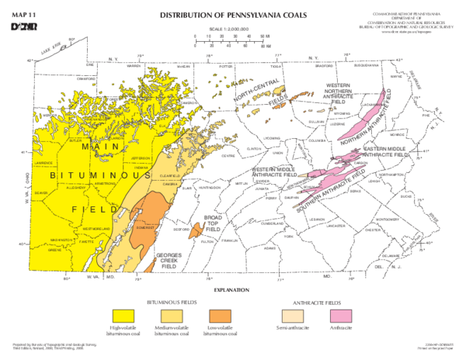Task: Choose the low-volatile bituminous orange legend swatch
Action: click(x=221, y=315)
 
